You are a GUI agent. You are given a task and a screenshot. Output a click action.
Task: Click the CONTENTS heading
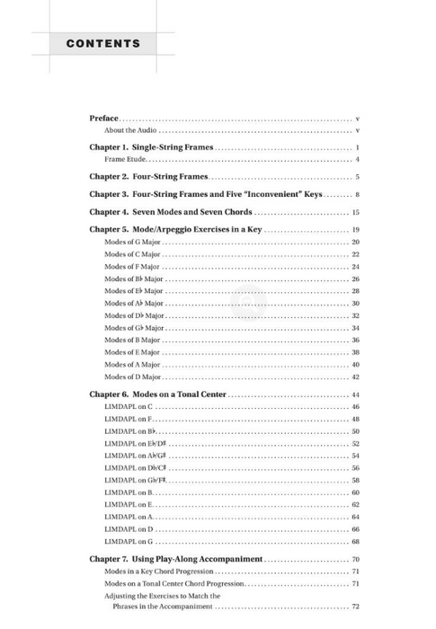pyautogui.click(x=102, y=43)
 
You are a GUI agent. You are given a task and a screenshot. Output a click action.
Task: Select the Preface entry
pyautogui.click(x=103, y=119)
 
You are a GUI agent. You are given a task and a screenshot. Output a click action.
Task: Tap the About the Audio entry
pyautogui.click(x=130, y=131)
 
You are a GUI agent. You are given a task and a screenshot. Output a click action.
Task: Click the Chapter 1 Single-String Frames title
pyautogui.click(x=151, y=147)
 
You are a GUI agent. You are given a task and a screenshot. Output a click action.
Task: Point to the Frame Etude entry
pyautogui.click(x=125, y=159)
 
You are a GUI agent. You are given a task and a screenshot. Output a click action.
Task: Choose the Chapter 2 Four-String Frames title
pyautogui.click(x=148, y=177)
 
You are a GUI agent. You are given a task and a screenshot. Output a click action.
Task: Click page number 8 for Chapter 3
pyautogui.click(x=357, y=194)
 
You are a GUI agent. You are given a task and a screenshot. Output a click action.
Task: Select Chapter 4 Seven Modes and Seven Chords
pyautogui.click(x=171, y=212)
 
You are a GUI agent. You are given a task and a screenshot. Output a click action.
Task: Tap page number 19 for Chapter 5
pyautogui.click(x=356, y=230)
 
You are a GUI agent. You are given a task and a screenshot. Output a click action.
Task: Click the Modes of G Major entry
pyautogui.click(x=132, y=243)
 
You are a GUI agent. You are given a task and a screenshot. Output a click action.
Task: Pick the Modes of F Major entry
pyautogui.click(x=131, y=267)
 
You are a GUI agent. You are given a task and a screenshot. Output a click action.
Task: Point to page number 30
pyautogui.click(x=356, y=304)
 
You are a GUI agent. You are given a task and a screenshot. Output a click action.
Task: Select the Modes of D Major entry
pyautogui.click(x=132, y=377)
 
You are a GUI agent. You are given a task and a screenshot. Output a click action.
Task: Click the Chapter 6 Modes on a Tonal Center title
pyautogui.click(x=158, y=394)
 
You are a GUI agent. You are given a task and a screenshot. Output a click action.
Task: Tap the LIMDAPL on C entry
pyautogui.click(x=129, y=407)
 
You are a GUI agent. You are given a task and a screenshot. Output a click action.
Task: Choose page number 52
pyautogui.click(x=356, y=444)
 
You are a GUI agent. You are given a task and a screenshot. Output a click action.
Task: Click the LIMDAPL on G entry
pyautogui.click(x=129, y=542)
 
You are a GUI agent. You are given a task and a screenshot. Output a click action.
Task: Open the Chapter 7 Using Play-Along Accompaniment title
pyautogui.click(x=175, y=559)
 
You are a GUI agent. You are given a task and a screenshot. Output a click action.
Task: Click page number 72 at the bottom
pyautogui.click(x=356, y=607)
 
